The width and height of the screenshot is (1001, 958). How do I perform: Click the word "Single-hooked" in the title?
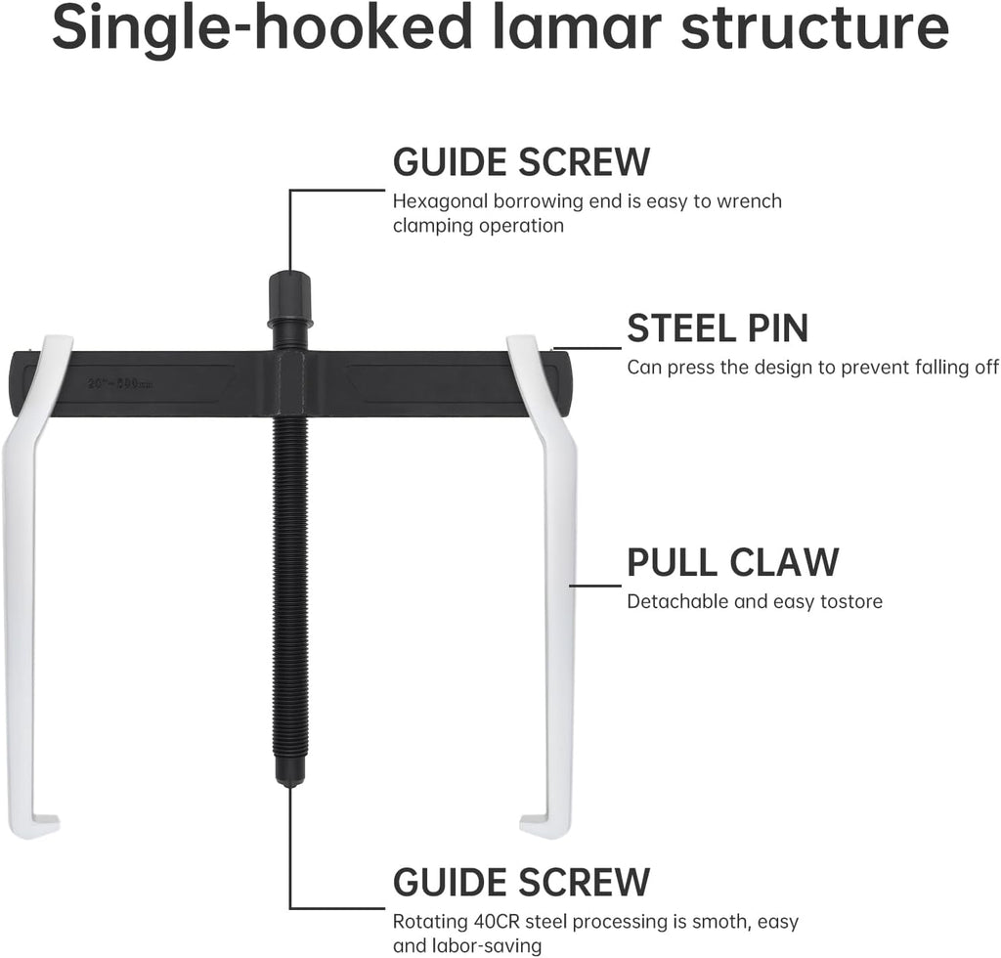point(263,28)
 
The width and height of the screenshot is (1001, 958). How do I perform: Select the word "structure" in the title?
point(815,29)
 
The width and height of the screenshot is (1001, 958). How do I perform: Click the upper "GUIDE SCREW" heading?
point(521,161)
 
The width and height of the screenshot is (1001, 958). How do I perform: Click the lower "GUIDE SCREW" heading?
point(521,882)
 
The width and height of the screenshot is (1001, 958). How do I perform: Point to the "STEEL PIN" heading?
point(718,328)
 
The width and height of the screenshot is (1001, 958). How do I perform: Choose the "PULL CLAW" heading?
point(733,562)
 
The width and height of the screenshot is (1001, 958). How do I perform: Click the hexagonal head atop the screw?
point(289,297)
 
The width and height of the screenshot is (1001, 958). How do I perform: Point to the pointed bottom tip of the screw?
point(289,782)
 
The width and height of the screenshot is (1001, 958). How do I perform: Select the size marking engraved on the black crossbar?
point(120,384)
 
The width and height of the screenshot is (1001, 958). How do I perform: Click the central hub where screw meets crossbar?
point(290,383)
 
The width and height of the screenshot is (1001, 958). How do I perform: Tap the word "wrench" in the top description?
point(749,201)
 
